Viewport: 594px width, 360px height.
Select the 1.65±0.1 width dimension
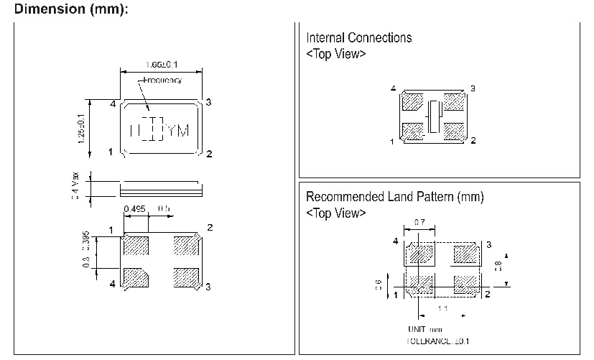tap(162, 64)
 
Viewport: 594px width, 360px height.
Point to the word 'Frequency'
tap(162, 80)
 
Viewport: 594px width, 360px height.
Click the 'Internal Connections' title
tap(359, 37)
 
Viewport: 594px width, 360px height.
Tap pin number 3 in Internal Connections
tap(473, 88)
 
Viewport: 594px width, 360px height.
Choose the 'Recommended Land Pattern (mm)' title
tap(395, 196)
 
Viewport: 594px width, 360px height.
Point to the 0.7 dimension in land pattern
tap(420, 223)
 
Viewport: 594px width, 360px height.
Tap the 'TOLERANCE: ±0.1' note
tap(440, 341)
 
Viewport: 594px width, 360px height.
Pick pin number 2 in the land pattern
tap(487, 293)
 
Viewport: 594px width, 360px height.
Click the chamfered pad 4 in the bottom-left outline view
tap(136, 277)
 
